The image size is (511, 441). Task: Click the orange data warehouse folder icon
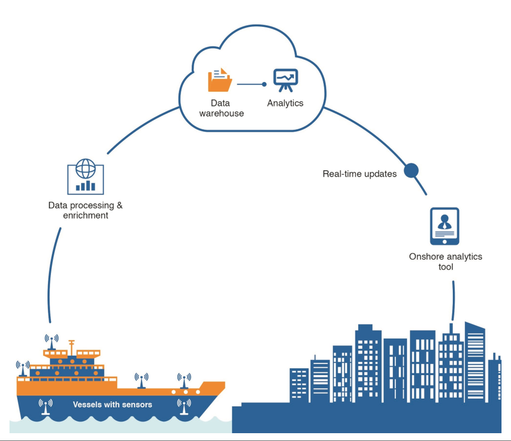(220, 80)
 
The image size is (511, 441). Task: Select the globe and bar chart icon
(86, 177)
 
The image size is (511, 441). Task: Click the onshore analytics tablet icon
(444, 226)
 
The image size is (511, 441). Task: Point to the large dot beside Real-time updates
(411, 170)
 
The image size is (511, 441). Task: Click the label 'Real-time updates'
(359, 174)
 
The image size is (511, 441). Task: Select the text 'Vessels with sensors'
(112, 404)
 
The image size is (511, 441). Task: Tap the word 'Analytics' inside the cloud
(285, 103)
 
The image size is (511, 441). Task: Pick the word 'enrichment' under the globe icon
(86, 215)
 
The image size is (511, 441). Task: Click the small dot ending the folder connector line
(264, 84)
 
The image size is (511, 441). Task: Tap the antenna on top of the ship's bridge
(51, 342)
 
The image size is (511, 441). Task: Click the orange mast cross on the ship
(71, 342)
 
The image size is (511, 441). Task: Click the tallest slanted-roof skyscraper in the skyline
(475, 360)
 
